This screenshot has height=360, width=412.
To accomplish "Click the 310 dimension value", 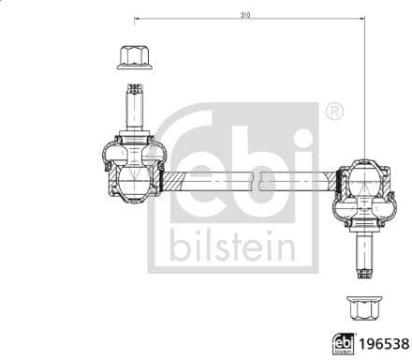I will tap(245, 15).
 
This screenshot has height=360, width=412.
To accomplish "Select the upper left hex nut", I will tap(132, 57).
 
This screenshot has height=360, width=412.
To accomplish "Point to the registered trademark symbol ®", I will tap(334, 112).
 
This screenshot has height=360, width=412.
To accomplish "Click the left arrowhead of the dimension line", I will tap(138, 21).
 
